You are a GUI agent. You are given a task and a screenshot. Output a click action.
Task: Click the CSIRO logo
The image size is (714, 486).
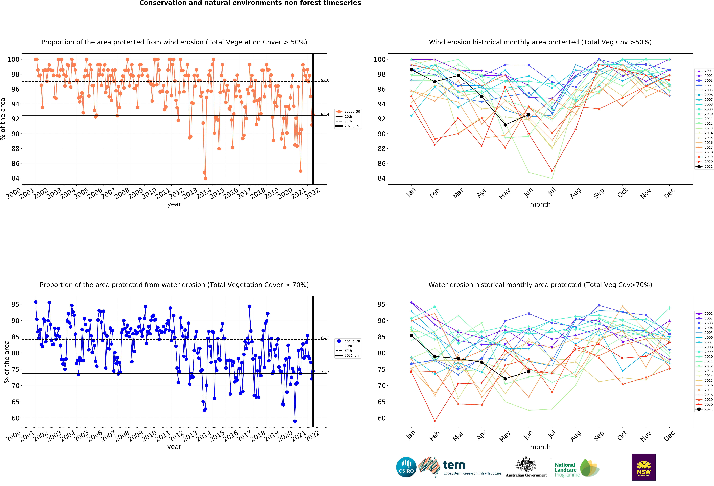point(406,467)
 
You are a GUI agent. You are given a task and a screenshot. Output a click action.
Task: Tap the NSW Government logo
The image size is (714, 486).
point(644,467)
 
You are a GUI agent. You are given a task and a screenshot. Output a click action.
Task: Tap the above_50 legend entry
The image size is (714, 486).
point(348,112)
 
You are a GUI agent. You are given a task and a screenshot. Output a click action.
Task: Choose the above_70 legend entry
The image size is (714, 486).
point(348,341)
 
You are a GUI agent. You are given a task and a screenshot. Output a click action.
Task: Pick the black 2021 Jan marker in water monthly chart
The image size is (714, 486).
point(411,335)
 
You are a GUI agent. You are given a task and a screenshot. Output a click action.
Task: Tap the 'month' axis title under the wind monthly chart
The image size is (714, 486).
point(540,204)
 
